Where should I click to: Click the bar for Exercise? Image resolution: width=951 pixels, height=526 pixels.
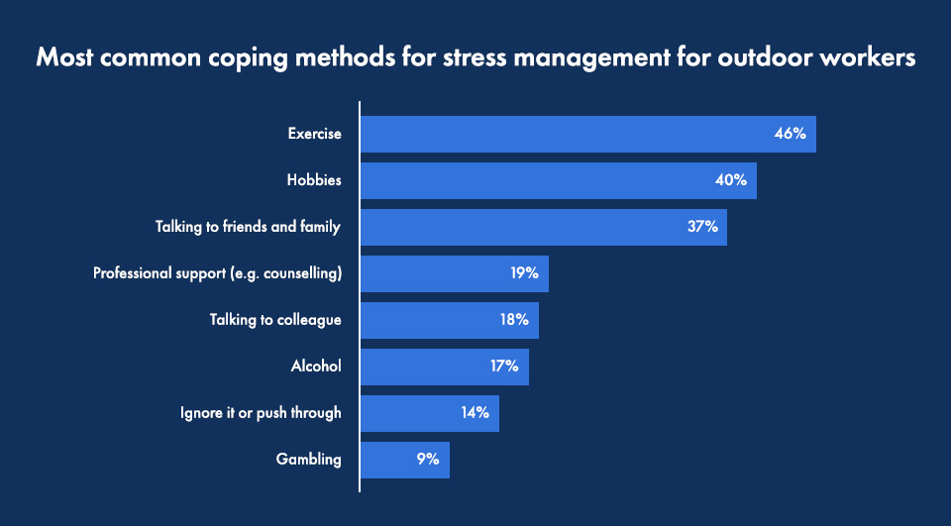point(587,134)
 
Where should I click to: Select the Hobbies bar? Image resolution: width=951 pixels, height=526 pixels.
point(558,180)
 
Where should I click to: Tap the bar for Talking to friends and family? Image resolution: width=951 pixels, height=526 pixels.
point(543,227)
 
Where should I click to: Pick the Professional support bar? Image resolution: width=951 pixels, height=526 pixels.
point(454,273)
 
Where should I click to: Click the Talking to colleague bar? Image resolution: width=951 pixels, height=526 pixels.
point(449,320)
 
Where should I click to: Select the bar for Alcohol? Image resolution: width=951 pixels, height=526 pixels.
point(444,367)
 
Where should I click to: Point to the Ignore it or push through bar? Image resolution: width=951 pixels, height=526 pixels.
point(429,413)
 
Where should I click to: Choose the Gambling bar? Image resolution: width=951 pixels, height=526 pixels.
point(404,460)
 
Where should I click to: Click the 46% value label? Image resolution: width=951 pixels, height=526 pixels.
point(790,134)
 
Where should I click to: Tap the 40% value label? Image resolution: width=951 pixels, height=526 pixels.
point(730,180)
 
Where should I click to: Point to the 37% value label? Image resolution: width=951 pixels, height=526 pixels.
point(701,227)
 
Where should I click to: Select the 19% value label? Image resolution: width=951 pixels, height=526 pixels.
point(524,273)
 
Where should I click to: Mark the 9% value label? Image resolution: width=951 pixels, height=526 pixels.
point(427,460)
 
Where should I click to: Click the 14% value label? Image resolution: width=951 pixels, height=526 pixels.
point(475,413)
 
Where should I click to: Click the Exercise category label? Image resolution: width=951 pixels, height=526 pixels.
point(314,134)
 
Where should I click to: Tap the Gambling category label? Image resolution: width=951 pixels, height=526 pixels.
point(309,460)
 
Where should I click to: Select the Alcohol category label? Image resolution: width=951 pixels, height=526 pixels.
point(316,367)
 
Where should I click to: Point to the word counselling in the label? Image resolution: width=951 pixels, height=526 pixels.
point(303,273)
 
